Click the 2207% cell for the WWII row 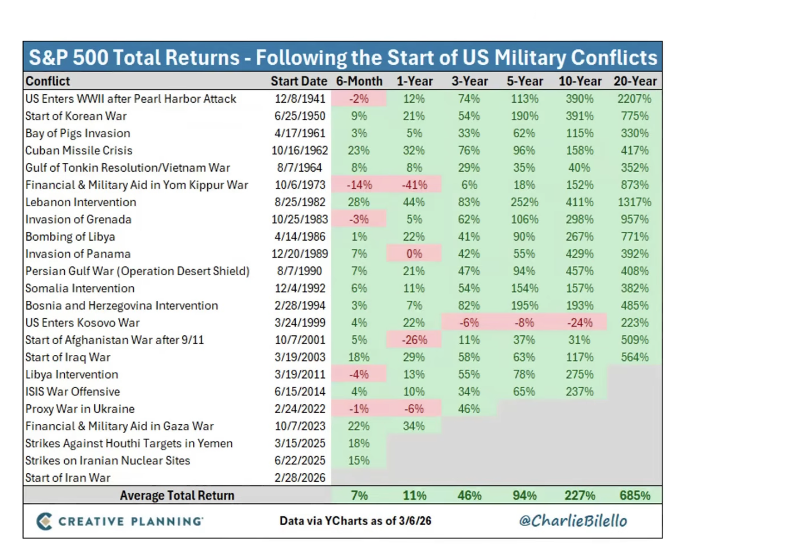tap(634, 99)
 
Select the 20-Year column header tap(635, 81)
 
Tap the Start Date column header tap(299, 81)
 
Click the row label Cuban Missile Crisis tap(79, 151)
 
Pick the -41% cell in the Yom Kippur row tap(414, 185)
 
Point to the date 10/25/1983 tap(300, 220)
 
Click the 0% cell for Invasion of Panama tap(414, 254)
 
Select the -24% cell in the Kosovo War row tap(579, 323)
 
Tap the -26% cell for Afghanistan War tap(414, 340)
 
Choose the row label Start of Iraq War tap(68, 357)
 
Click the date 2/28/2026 tap(300, 478)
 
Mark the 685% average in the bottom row tap(634, 496)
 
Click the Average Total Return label tap(177, 496)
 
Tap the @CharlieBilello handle tap(573, 521)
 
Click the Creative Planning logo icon tap(44, 521)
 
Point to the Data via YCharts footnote tap(355, 521)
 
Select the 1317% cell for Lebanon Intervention tap(634, 203)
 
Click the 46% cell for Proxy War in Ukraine tap(469, 409)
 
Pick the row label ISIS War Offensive tap(72, 392)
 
